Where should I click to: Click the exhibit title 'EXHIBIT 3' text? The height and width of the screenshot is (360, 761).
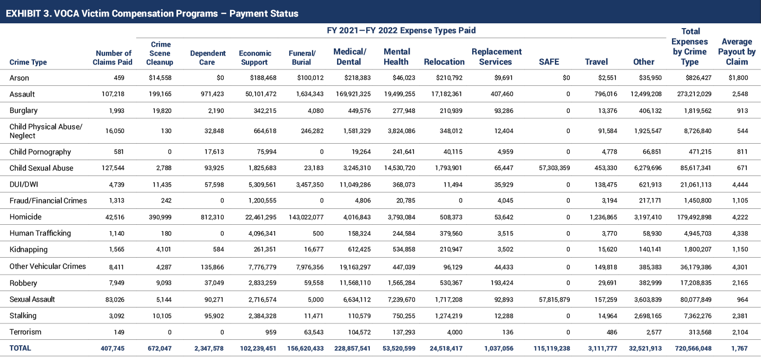(x=29, y=14)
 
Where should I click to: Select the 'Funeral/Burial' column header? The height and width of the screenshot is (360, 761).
(x=302, y=58)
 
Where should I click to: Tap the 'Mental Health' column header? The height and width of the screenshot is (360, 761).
(x=396, y=57)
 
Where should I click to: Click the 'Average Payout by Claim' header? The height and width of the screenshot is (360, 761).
(x=737, y=51)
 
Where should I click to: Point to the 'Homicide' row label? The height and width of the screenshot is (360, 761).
(x=25, y=217)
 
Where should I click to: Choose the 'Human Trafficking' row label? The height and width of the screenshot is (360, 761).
(x=40, y=233)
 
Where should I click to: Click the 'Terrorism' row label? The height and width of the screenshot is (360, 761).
(x=25, y=332)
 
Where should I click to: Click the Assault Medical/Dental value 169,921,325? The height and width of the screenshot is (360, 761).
(x=353, y=94)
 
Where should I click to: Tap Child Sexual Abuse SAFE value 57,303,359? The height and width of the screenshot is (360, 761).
(x=554, y=168)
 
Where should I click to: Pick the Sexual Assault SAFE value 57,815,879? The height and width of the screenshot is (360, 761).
(x=554, y=300)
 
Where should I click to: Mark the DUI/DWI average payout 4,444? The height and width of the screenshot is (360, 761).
(x=740, y=185)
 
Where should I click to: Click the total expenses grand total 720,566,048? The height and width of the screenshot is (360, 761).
(x=693, y=348)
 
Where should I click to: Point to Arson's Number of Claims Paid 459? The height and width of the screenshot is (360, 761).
(x=119, y=78)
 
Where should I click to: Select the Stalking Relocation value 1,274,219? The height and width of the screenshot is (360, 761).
(x=448, y=316)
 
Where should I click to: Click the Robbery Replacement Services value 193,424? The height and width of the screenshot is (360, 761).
(x=502, y=283)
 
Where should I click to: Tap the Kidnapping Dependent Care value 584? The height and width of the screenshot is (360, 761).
(x=218, y=250)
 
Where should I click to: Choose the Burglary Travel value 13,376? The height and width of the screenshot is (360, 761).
(x=607, y=111)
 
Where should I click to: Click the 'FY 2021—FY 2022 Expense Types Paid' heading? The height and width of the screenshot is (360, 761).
(x=401, y=31)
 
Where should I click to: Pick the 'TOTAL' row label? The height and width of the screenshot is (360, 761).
(x=20, y=348)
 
